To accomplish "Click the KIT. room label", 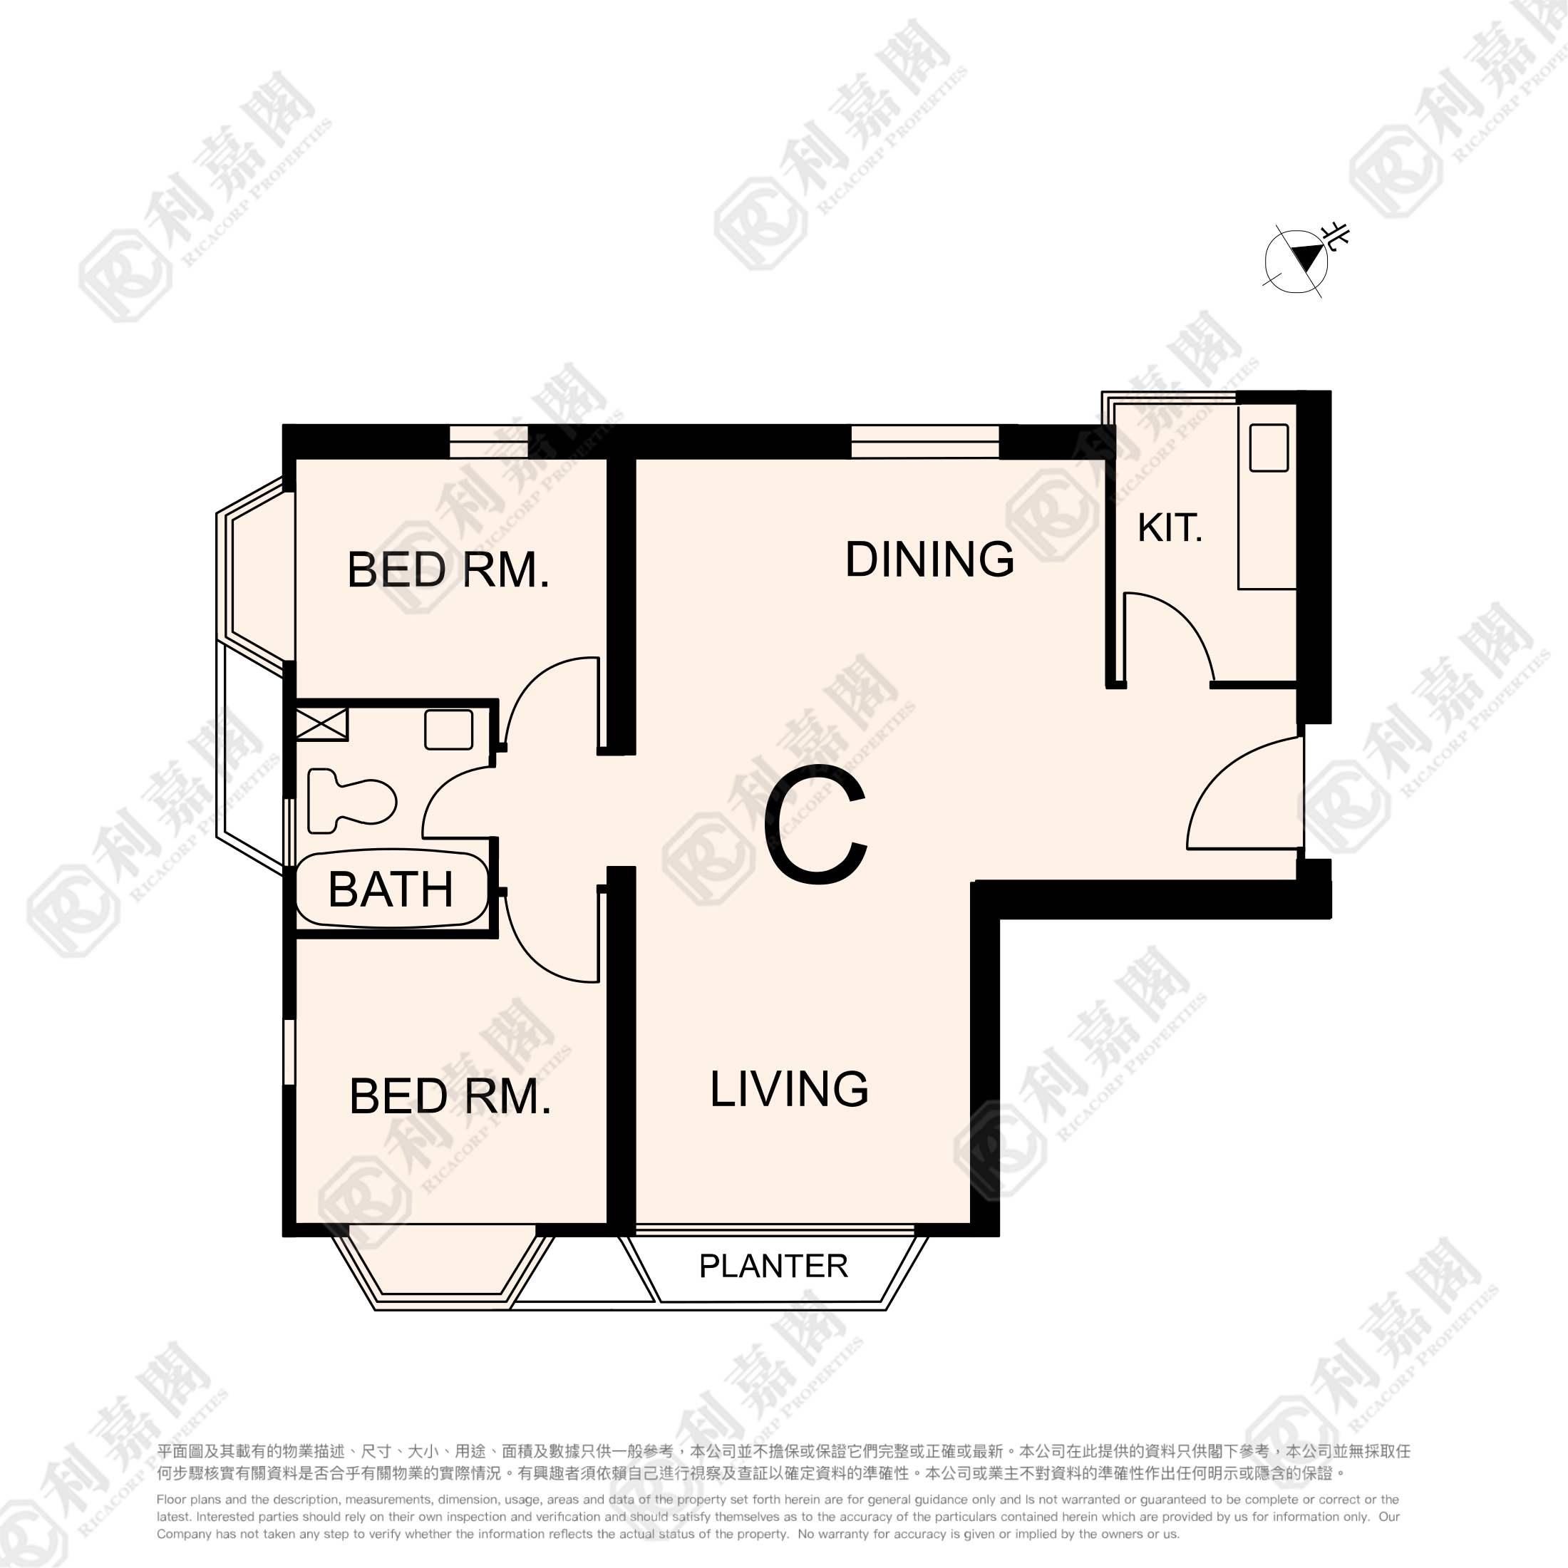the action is pos(1170,528).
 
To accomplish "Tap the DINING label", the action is pos(929,559).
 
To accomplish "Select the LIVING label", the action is pos(789,1089).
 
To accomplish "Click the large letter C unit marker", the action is pos(815,825).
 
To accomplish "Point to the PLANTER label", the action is pos(773,1266).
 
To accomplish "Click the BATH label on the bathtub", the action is pos(391,889).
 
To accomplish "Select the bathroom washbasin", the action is pos(449,730).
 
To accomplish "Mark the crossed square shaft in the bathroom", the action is pos(321,724).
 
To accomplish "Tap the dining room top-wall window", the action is pos(924,441).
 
